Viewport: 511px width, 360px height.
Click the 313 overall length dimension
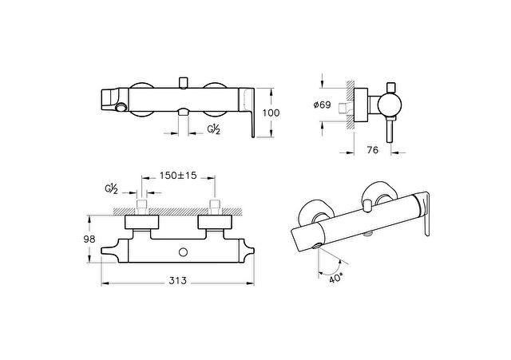(x=177, y=280)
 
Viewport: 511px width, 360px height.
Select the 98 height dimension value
(x=89, y=239)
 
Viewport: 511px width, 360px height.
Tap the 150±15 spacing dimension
(x=178, y=176)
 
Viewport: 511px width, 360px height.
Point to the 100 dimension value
(x=271, y=113)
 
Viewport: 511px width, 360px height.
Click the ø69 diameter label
(x=322, y=105)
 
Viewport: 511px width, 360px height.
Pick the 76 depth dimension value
(x=373, y=150)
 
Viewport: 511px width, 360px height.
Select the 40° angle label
(x=336, y=279)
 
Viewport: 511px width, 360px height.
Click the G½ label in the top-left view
(x=214, y=129)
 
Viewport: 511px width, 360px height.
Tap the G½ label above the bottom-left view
(x=112, y=189)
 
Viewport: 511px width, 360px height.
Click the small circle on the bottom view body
(x=184, y=252)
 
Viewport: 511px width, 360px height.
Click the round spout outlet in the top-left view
(x=122, y=106)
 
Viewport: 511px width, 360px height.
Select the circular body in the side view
(x=390, y=105)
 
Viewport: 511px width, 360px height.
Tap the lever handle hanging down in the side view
(x=390, y=129)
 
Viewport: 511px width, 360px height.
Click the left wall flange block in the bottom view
(x=142, y=222)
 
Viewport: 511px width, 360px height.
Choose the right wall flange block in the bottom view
(x=215, y=222)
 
